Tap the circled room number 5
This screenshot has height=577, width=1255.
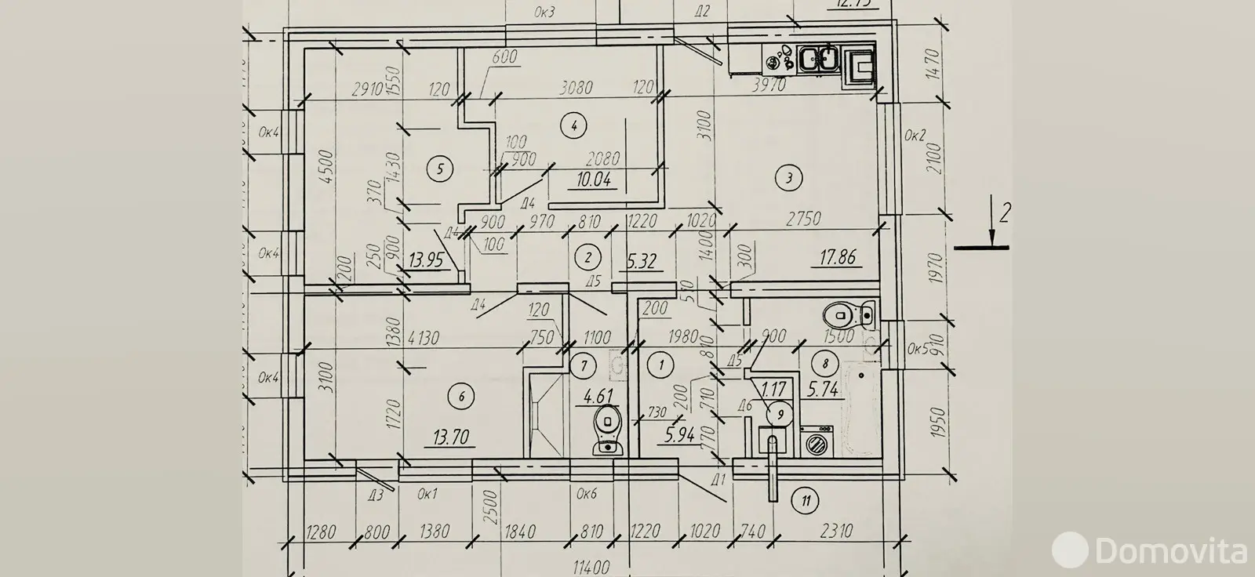tap(439, 167)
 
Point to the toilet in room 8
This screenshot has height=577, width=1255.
tap(847, 317)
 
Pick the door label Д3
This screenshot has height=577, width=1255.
tap(376, 493)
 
